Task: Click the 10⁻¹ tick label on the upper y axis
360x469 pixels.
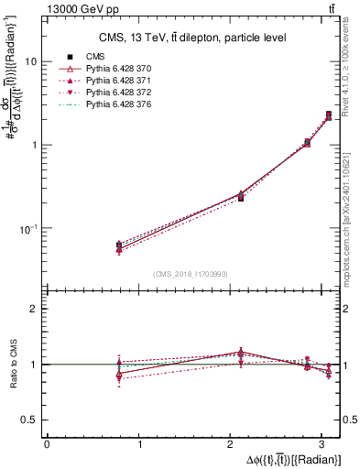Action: tap(27, 228)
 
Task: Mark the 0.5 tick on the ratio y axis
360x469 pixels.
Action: tap(30, 420)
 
